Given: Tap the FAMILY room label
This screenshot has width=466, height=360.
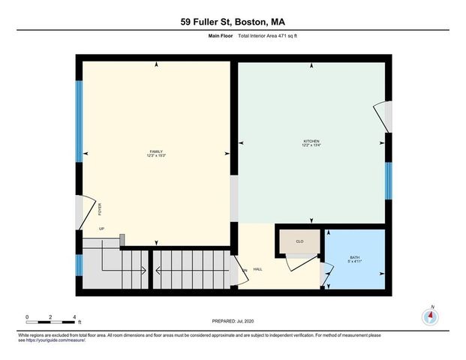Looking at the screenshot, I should (x=156, y=154).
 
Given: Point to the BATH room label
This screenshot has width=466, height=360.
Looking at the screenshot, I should (x=354, y=259).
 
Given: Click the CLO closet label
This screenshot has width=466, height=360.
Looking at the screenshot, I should (x=299, y=241).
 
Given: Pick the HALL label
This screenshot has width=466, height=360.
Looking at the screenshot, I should (x=257, y=269).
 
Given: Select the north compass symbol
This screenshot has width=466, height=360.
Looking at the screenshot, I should (x=431, y=316).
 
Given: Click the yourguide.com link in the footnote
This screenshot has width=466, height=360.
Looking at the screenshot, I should (x=56, y=340).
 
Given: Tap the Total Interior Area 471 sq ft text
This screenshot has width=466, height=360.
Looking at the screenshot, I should (x=268, y=36).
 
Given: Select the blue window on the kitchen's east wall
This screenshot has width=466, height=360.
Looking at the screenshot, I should (x=387, y=181).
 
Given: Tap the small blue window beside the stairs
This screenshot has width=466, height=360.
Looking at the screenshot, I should (x=79, y=265).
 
